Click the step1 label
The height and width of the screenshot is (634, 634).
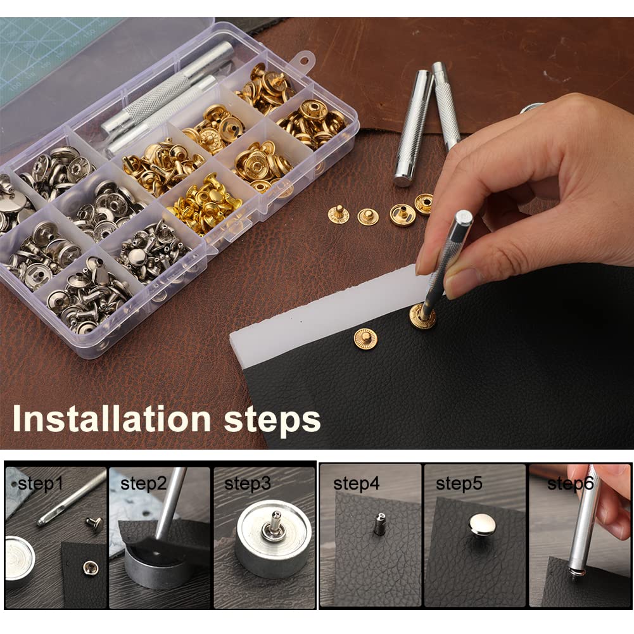[40, 485]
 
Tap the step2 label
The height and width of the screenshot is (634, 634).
[143, 485]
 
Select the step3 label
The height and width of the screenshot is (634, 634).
[247, 484]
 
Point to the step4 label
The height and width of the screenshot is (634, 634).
[357, 484]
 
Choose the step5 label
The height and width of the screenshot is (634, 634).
[459, 484]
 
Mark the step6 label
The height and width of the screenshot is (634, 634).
[570, 484]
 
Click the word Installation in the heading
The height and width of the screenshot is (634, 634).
[111, 419]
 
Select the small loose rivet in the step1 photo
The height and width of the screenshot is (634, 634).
[94, 523]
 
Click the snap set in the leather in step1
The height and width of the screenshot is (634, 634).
[86, 567]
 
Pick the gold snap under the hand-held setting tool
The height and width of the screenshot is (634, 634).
[422, 316]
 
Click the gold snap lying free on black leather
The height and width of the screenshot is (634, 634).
[366, 338]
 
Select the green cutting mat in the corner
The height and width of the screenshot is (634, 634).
[44, 51]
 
